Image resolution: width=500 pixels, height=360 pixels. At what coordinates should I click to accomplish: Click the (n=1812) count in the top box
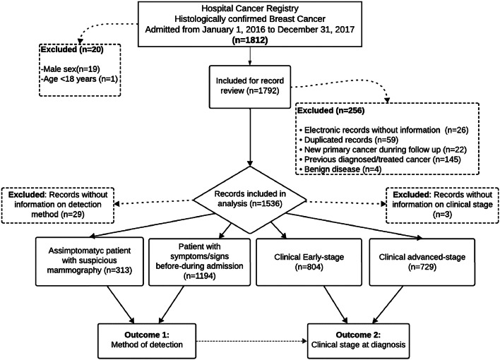point(250,40)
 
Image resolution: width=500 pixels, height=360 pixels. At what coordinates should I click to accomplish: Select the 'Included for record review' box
point(250,87)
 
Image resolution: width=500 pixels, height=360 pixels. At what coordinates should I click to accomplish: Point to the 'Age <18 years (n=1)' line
point(79,78)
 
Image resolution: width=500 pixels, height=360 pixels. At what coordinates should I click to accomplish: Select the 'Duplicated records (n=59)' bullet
point(349,140)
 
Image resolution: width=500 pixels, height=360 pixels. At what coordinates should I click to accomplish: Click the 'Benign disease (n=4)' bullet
point(340,169)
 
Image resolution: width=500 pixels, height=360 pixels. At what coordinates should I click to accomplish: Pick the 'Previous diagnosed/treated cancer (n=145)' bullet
point(380,159)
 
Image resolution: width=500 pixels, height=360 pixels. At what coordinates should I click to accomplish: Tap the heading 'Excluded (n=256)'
point(331,111)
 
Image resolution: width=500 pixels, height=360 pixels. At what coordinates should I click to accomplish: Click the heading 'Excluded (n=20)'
point(72,49)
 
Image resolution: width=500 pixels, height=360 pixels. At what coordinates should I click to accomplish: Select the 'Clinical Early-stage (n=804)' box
point(309,262)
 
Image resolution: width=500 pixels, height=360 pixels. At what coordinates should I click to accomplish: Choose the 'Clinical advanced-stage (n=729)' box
point(422,262)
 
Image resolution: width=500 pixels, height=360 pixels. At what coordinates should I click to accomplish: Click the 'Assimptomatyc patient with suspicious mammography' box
point(90,261)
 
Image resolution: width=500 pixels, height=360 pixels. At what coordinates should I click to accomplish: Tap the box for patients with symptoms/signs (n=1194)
point(200,262)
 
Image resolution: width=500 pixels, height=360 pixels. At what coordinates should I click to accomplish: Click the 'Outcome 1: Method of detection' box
point(147,341)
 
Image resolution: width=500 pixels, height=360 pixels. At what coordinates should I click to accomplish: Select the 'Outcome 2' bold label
point(359,335)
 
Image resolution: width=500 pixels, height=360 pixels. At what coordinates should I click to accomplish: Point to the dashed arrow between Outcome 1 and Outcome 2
point(251,341)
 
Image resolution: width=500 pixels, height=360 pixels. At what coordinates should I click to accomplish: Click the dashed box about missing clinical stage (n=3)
point(442,205)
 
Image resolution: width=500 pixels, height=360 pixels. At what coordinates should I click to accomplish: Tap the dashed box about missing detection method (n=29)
point(58,205)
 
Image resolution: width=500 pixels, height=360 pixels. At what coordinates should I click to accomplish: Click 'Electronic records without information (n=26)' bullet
point(384,130)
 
